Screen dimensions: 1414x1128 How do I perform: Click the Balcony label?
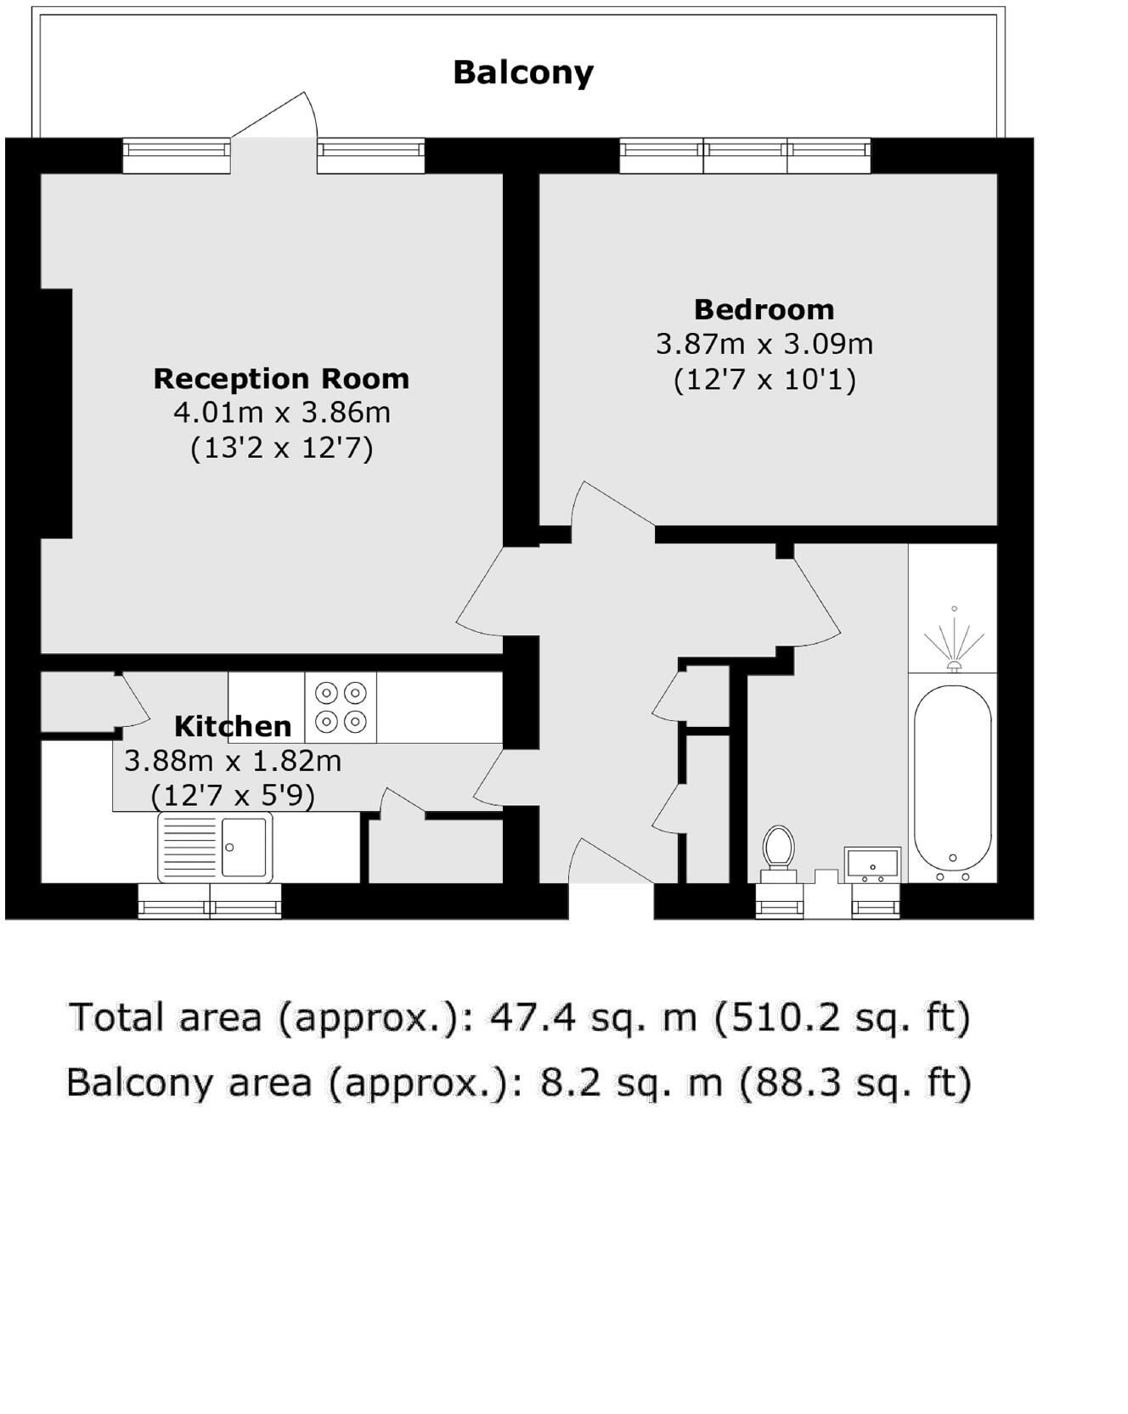(522, 73)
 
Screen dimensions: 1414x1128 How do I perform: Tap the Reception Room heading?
(281, 379)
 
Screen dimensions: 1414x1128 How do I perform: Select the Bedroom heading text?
(764, 309)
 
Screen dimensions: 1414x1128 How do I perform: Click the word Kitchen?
(232, 727)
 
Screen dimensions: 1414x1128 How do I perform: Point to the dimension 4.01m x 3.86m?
(281, 414)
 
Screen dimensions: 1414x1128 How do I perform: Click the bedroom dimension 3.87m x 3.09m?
(764, 344)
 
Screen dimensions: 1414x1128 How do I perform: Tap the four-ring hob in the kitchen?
(341, 707)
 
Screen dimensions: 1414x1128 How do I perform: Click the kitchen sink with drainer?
(215, 847)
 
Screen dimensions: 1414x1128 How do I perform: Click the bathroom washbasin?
(871, 863)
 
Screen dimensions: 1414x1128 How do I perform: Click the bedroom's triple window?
(745, 156)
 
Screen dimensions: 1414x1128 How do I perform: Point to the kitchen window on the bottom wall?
(210, 902)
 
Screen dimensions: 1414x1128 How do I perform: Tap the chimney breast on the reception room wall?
(56, 414)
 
